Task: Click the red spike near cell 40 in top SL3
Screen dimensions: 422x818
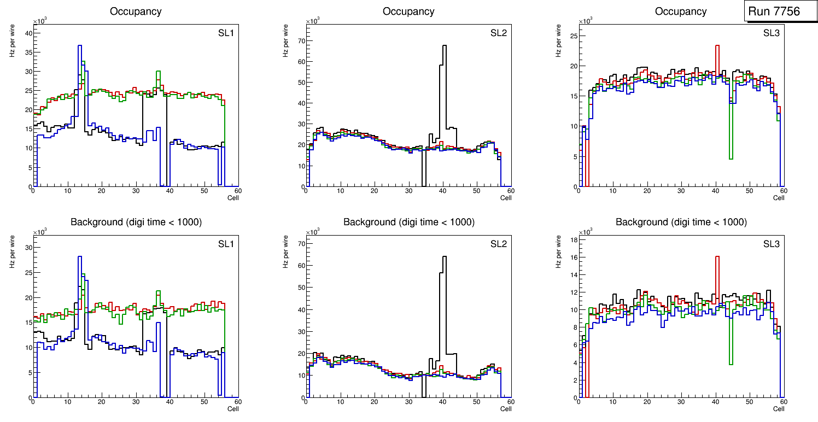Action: pyautogui.click(x=717, y=46)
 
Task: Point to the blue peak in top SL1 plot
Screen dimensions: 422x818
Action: pyautogui.click(x=80, y=46)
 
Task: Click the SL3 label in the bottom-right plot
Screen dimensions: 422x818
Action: pyautogui.click(x=772, y=244)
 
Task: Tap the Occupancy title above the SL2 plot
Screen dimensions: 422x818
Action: pyautogui.click(x=408, y=11)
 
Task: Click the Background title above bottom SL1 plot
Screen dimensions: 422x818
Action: pyautogui.click(x=136, y=222)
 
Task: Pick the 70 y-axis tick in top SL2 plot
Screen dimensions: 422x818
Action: pyautogui.click(x=300, y=40)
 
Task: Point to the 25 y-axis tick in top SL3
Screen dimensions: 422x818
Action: pyautogui.click(x=574, y=36)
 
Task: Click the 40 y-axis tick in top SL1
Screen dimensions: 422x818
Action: pyautogui.click(x=29, y=33)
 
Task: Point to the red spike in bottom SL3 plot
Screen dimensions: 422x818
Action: pyautogui.click(x=717, y=257)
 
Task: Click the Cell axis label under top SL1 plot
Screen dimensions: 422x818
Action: pyautogui.click(x=233, y=198)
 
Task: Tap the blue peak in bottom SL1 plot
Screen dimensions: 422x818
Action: pyautogui.click(x=80, y=257)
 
